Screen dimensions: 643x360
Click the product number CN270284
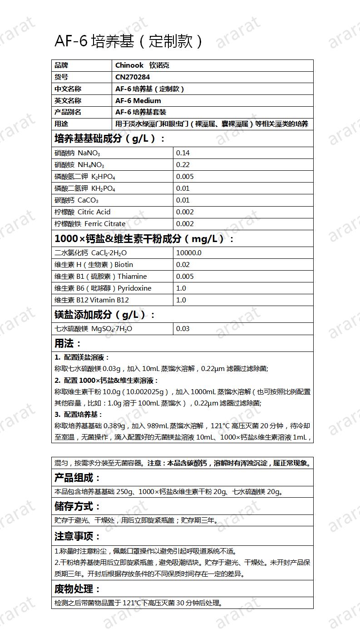pos(133,77)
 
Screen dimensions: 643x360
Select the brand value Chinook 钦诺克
pos(142,65)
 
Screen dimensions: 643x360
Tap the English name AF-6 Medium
pos(138,101)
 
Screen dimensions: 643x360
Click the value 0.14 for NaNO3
pos(182,153)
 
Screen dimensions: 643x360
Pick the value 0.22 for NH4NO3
pos(182,165)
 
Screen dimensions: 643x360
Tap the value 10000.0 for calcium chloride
pos(188,253)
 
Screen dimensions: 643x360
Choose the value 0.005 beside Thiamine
pos(184,277)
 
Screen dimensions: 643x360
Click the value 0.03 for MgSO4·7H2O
pos(182,329)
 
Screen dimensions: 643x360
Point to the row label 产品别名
pos(68,112)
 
